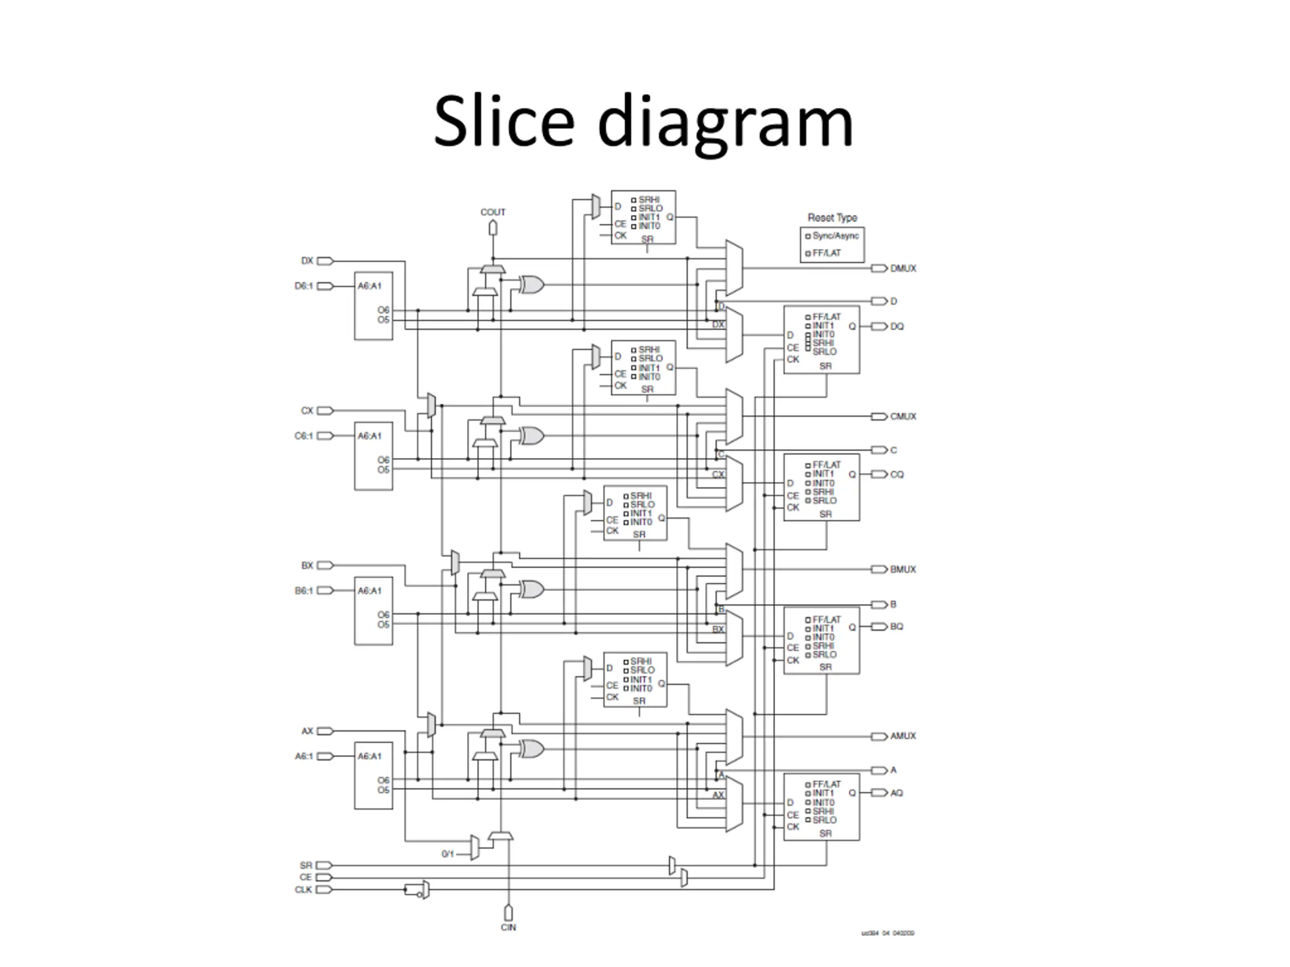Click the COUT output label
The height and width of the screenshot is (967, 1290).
[x=493, y=212]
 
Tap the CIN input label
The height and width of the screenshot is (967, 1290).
[x=508, y=927]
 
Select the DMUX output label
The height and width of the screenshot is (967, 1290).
[x=903, y=269]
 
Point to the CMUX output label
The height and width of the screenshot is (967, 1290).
[x=903, y=417]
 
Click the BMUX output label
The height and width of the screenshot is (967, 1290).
[x=903, y=570]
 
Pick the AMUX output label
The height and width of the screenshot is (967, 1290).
[x=903, y=736]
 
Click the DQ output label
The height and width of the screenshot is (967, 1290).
[x=896, y=326]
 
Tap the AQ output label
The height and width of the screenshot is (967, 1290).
[x=896, y=793]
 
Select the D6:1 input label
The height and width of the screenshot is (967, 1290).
[x=304, y=286]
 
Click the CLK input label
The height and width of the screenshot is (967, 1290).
[x=304, y=889]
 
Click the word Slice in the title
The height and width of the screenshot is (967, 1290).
[x=504, y=121]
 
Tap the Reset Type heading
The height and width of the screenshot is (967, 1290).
[x=832, y=218]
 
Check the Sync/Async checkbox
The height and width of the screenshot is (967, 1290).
[x=808, y=236]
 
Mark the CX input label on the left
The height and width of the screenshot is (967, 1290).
[x=307, y=411]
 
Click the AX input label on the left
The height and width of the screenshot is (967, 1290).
[x=307, y=731]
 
